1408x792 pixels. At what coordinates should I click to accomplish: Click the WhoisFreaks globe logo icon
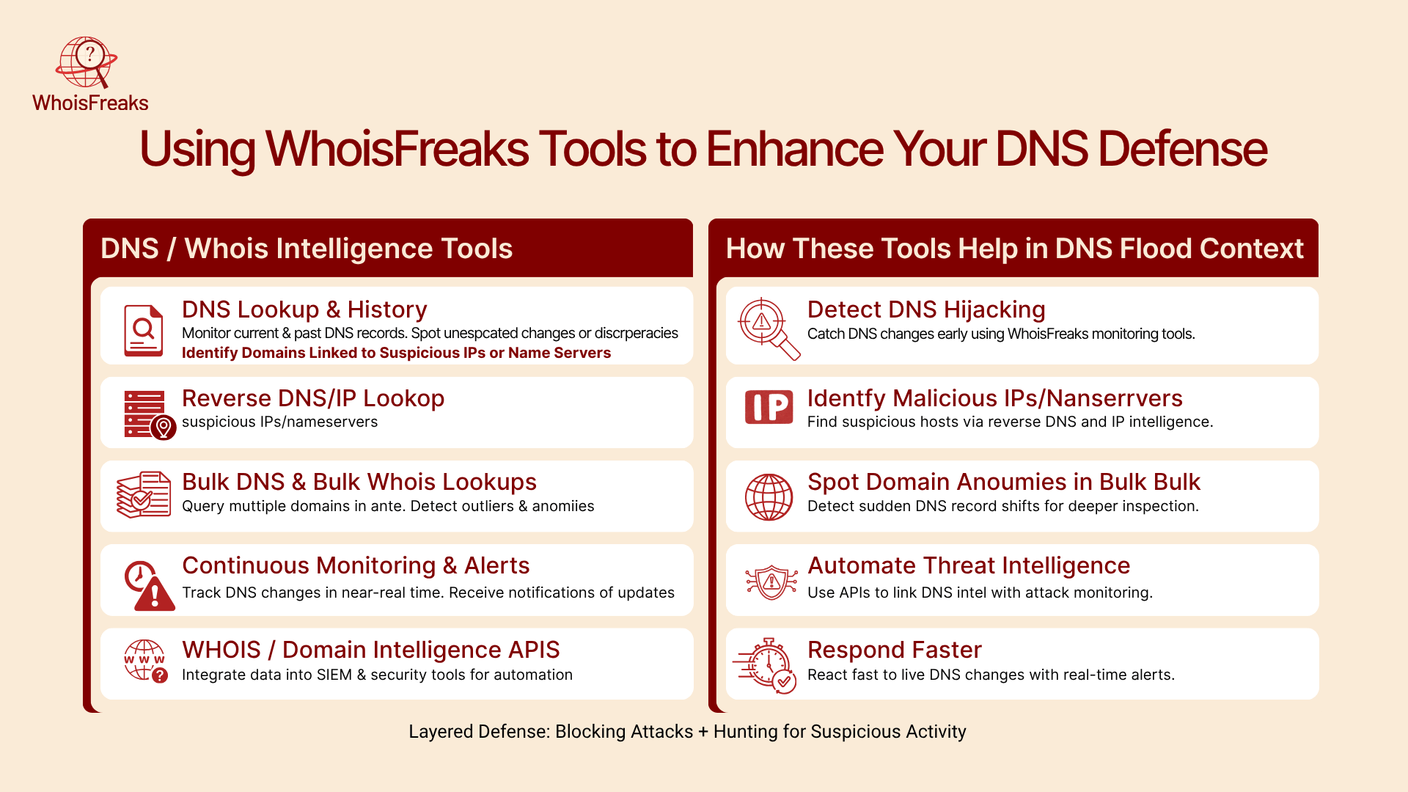pyautogui.click(x=87, y=63)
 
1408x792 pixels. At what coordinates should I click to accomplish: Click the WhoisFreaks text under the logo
pyautogui.click(x=90, y=103)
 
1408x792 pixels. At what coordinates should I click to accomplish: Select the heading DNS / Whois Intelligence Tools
pyautogui.click(x=307, y=249)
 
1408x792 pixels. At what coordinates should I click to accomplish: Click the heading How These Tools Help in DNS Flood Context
pyautogui.click(x=1015, y=249)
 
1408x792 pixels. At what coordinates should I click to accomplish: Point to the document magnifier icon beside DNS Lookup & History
pyautogui.click(x=144, y=330)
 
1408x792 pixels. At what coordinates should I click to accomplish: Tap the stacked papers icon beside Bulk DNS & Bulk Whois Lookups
pyautogui.click(x=144, y=495)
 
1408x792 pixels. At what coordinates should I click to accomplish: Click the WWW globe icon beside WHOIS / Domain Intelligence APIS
pyautogui.click(x=145, y=661)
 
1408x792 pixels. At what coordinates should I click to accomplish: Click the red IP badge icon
pyautogui.click(x=769, y=407)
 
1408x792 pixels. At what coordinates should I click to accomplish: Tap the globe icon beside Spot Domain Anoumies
pyautogui.click(x=769, y=497)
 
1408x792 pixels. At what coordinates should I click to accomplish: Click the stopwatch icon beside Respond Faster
pyautogui.click(x=765, y=665)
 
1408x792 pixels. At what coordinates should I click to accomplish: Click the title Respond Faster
pyautogui.click(x=895, y=650)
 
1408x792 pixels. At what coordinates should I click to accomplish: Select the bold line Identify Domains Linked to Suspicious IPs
pyautogui.click(x=396, y=353)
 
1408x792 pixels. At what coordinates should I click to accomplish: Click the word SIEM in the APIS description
pyautogui.click(x=334, y=675)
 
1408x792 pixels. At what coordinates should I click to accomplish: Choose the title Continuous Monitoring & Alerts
pyautogui.click(x=356, y=566)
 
